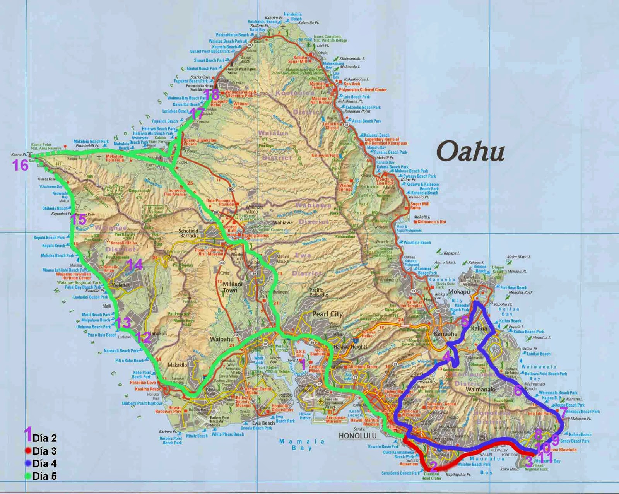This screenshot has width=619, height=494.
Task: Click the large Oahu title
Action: coord(470,151)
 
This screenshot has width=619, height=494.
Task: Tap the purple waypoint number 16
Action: coord(21,165)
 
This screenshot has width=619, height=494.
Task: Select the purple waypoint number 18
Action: coord(211,94)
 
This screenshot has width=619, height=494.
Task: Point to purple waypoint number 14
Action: coord(135,265)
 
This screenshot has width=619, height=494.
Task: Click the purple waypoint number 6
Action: coord(518,390)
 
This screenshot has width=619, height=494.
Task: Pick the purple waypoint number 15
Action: coord(79,219)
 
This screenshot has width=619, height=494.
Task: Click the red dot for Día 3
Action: coord(28,451)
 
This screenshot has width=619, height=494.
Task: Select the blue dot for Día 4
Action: coord(28,463)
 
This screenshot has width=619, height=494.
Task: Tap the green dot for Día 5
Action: coord(28,476)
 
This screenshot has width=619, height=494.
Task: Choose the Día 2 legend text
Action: coord(44,438)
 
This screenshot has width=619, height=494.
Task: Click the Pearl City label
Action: coord(327,314)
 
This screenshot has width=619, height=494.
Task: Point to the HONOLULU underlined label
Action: coord(357,436)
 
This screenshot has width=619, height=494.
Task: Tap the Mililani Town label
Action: coord(233,287)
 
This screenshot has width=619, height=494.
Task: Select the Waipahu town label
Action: coord(221,339)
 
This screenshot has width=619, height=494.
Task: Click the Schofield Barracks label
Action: coord(189,233)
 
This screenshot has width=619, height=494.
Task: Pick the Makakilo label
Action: coord(177,365)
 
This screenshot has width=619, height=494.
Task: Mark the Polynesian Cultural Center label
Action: coord(363,89)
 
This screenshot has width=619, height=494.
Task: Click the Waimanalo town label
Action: coord(481,390)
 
